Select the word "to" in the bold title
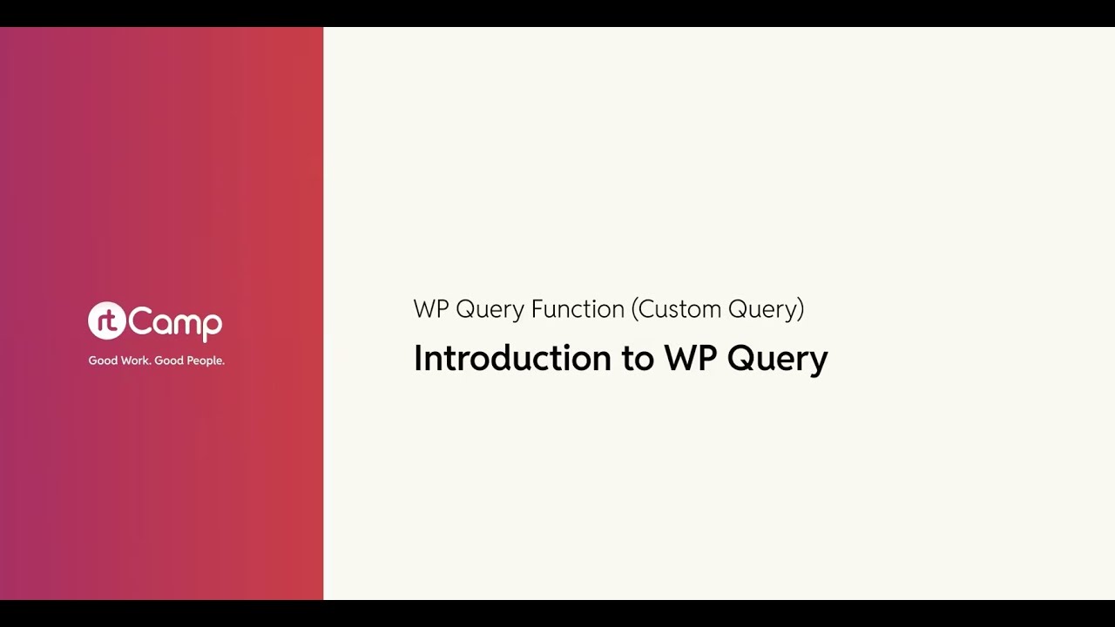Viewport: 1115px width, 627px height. coord(637,359)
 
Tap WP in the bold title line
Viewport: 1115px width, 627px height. coord(689,358)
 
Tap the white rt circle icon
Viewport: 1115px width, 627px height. coord(106,321)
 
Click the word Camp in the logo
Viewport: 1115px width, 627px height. coord(176,323)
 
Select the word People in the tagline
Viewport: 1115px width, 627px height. coord(206,361)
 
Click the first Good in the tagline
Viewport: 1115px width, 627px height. coord(103,361)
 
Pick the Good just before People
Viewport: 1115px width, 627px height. coord(169,361)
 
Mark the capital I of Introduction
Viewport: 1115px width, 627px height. coord(417,358)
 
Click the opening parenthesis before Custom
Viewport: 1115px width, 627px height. coord(635,309)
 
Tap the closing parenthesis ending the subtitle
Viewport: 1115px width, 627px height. coord(801,309)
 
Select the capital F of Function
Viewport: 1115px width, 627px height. coord(537,309)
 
